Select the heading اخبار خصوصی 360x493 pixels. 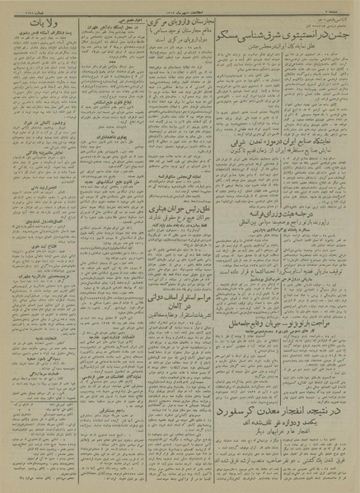pyautogui.click(x=105, y=17)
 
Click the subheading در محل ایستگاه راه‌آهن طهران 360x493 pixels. pyautogui.click(x=105, y=27)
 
